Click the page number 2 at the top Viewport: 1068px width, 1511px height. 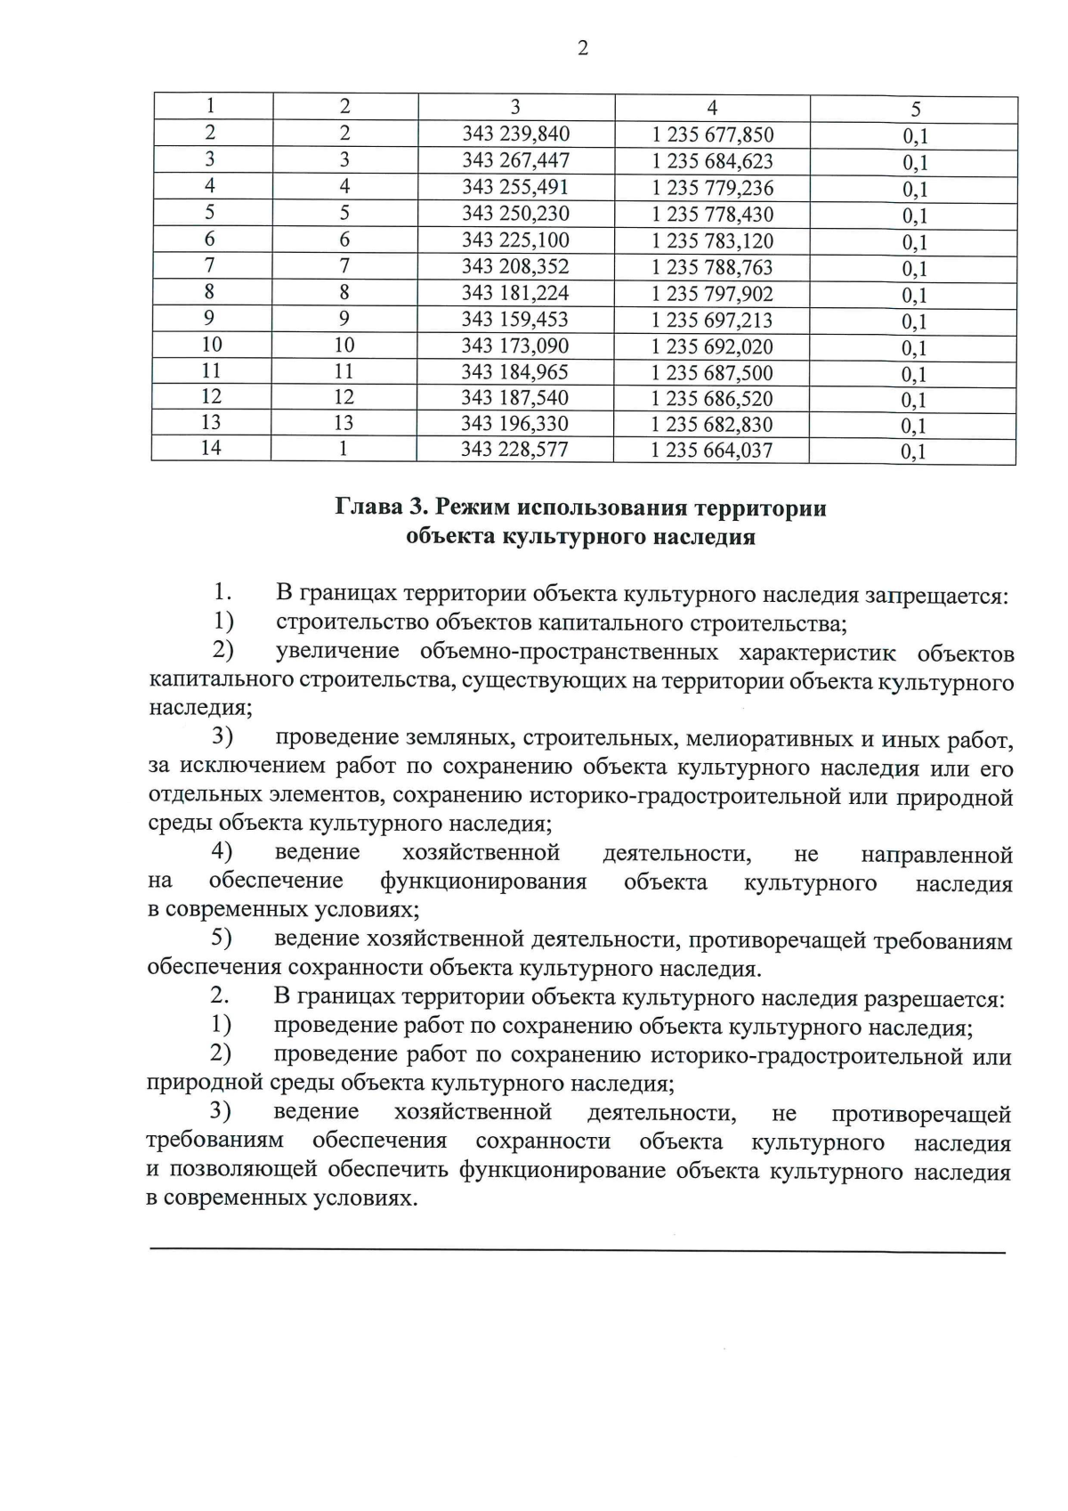tap(583, 49)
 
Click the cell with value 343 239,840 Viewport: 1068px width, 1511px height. tap(515, 134)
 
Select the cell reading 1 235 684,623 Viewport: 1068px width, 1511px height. tap(712, 162)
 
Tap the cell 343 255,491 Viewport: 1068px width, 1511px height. tap(515, 187)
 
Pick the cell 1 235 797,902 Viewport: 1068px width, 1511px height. tap(712, 294)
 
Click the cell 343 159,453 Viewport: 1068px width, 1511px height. tap(515, 319)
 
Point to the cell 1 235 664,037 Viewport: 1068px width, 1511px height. tap(711, 451)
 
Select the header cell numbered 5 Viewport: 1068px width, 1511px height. tap(915, 109)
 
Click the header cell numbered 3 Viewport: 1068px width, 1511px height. tap(515, 107)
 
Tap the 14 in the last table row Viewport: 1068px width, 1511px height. tap(211, 448)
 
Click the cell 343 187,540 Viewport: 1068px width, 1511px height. tap(515, 397)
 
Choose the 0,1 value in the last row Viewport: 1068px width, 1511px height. tap(914, 451)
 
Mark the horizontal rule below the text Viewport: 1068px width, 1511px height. tap(577, 1252)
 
